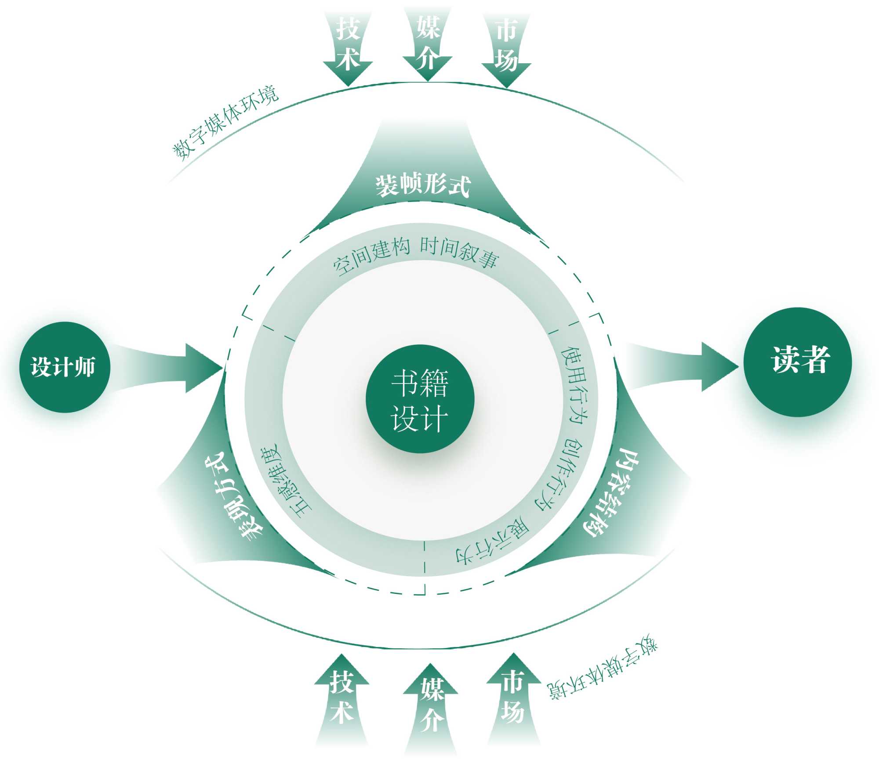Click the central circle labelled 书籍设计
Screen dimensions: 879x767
(x=420, y=398)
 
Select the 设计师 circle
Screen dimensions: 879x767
(x=64, y=367)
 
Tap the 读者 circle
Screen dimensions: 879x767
(x=798, y=362)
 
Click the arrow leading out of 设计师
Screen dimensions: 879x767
(x=176, y=368)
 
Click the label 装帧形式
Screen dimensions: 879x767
(x=423, y=185)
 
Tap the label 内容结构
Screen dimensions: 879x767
(x=611, y=492)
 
